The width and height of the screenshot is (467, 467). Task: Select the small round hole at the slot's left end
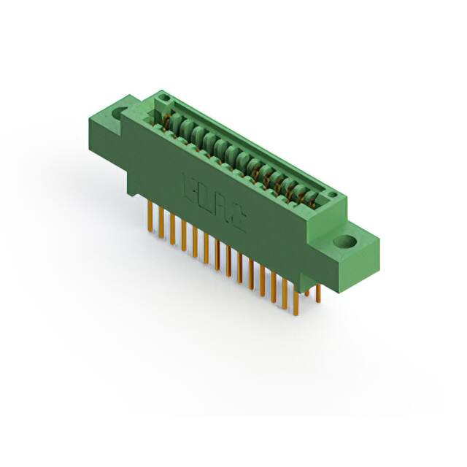click(165, 99)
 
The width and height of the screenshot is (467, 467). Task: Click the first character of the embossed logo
click(185, 185)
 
